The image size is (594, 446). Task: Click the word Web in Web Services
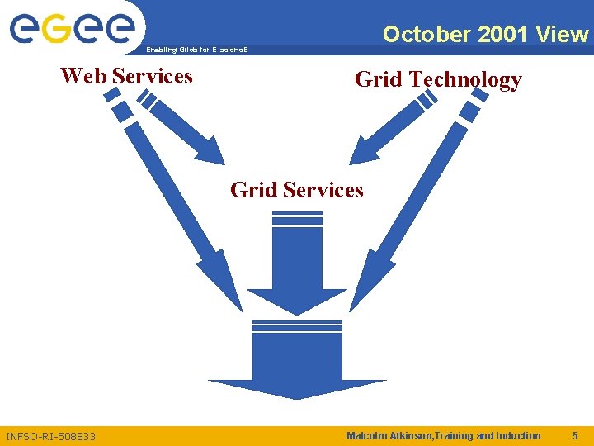[x=83, y=76]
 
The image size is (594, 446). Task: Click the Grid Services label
[x=297, y=190]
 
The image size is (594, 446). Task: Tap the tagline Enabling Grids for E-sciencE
[x=196, y=50]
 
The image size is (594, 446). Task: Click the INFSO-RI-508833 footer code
[x=50, y=436]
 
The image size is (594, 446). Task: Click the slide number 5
[x=575, y=435]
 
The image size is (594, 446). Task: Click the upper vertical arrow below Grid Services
[x=297, y=273]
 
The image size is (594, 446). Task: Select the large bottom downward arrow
[x=297, y=363]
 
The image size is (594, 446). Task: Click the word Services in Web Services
[x=153, y=76]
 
